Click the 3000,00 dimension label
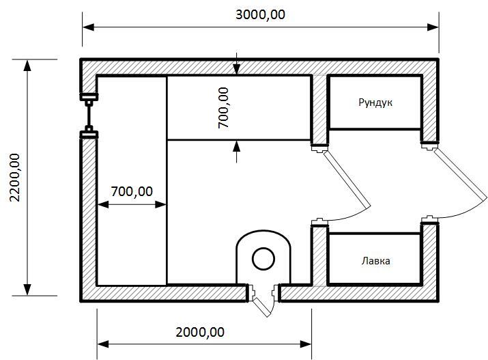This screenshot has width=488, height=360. pyautogui.click(x=260, y=14)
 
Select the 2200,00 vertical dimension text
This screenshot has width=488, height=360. pyautogui.click(x=14, y=178)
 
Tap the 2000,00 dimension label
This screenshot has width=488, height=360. pyautogui.click(x=200, y=332)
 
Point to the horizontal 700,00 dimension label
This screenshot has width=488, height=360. pyautogui.click(x=132, y=191)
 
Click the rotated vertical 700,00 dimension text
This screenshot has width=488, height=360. pyautogui.click(x=223, y=107)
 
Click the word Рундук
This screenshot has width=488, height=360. pyautogui.click(x=375, y=102)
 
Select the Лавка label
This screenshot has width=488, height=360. pyautogui.click(x=375, y=261)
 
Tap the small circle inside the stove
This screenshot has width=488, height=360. pyautogui.click(x=263, y=259)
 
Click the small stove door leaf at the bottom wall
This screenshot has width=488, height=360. pyautogui.click(x=261, y=307)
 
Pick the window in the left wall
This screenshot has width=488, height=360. pyautogui.click(x=89, y=115)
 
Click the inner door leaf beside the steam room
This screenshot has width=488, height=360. pyautogui.click(x=347, y=179)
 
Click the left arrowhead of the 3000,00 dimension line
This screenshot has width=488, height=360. pyautogui.click(x=89, y=27)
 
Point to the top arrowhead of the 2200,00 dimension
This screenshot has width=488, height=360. pyautogui.click(x=28, y=66)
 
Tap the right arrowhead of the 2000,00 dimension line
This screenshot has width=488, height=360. pyautogui.click(x=305, y=344)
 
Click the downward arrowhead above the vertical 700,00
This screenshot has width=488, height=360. pyautogui.click(x=237, y=70)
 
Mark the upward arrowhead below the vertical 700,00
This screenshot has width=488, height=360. pyautogui.click(x=237, y=146)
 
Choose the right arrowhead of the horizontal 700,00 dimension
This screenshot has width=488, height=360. pyautogui.click(x=160, y=205)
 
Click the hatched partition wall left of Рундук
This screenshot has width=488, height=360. pyautogui.click(x=319, y=109)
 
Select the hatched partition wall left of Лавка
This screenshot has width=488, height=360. pyautogui.click(x=319, y=256)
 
